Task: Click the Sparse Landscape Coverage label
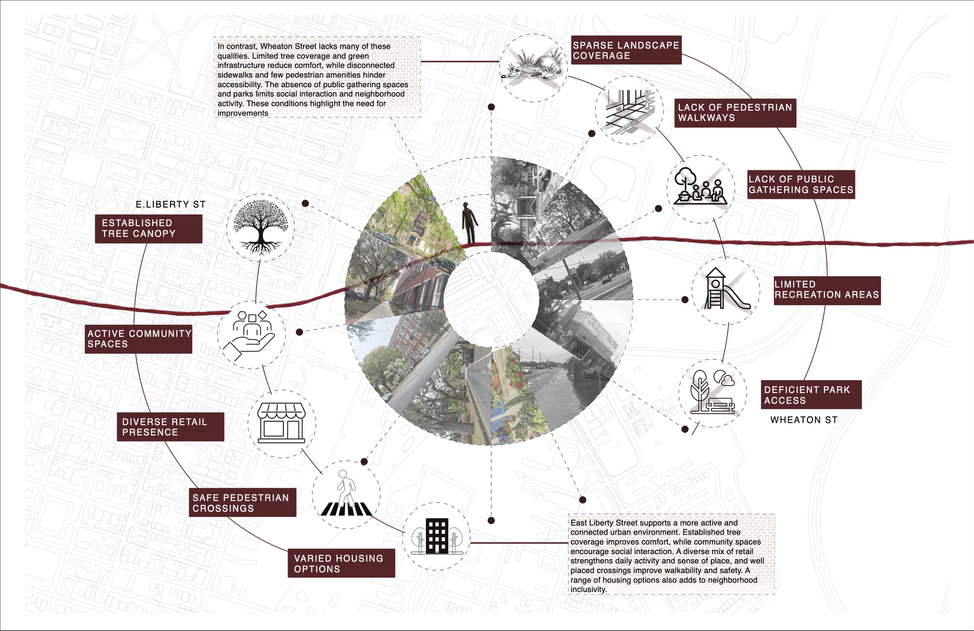[626, 50]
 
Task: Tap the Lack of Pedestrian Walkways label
[735, 113]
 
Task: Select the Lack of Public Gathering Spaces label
[801, 185]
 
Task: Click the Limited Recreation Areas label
[827, 291]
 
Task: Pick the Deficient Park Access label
[811, 395]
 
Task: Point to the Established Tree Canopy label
[148, 229]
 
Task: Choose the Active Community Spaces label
[138, 339]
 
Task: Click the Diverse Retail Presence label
[170, 427]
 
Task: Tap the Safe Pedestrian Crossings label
[242, 502]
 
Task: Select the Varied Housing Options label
[341, 563]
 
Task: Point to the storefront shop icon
[281, 423]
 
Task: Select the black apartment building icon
[437, 536]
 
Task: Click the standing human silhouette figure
[469, 223]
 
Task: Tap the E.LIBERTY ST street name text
[171, 204]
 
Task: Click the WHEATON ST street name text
[804, 420]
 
